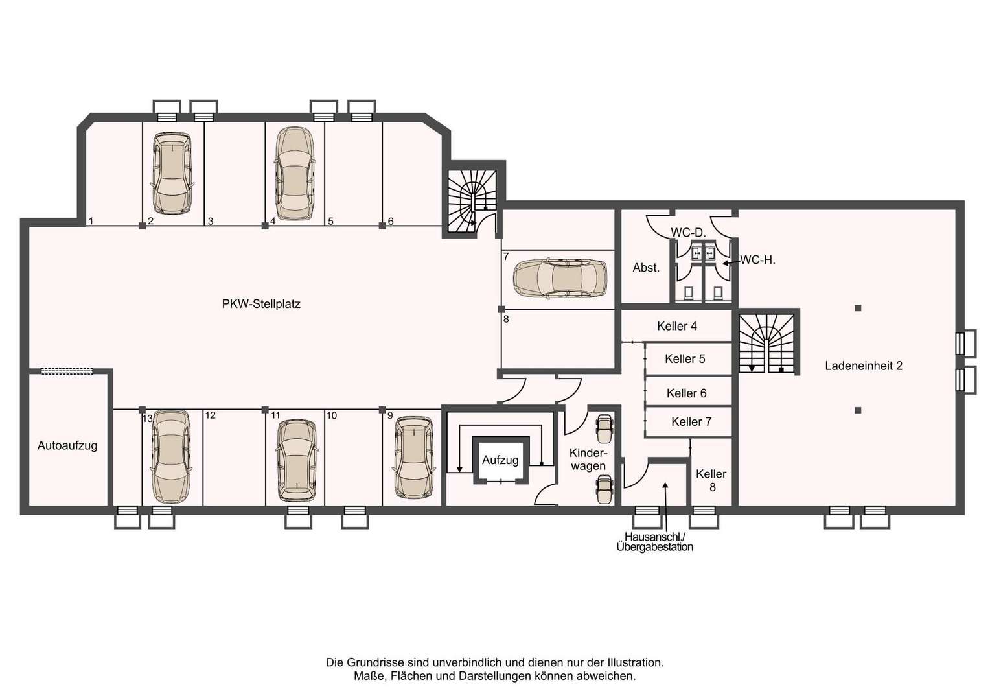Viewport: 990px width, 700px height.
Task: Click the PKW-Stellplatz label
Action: point(261,304)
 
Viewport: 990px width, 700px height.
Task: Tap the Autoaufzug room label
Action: point(67,445)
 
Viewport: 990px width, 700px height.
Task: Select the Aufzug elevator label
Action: point(500,460)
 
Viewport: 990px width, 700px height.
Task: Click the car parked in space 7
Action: point(560,277)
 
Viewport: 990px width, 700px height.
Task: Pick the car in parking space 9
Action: point(414,457)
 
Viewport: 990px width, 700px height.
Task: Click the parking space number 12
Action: point(211,415)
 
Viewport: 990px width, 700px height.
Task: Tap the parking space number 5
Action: point(330,221)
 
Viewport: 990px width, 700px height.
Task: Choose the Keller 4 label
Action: point(676,326)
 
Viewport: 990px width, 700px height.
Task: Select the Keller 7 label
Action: point(691,422)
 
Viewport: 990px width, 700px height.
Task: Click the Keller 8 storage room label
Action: point(711,480)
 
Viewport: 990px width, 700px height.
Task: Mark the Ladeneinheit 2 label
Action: point(864,366)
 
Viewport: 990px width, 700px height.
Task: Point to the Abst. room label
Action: point(646,268)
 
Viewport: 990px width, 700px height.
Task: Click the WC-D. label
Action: point(688,232)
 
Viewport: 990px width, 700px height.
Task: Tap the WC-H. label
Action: point(757,260)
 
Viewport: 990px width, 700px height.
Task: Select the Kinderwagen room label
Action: point(588,460)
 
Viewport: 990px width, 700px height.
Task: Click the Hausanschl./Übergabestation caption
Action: point(654,542)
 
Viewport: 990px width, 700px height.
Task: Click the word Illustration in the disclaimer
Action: point(635,662)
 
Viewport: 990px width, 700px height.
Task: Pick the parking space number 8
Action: point(506,319)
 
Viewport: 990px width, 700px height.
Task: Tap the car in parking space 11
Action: point(297,460)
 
